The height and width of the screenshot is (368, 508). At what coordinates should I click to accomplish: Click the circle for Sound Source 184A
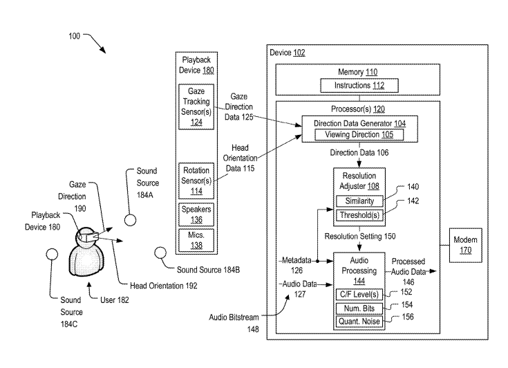click(129, 220)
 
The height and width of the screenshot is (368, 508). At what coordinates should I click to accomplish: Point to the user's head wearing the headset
click(86, 237)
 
